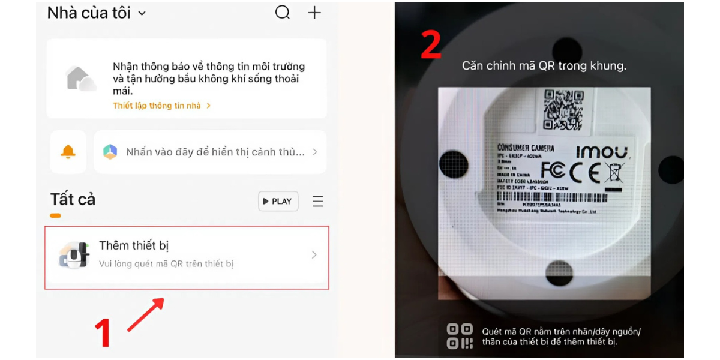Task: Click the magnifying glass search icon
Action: (283, 13)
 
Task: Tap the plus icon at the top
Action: (314, 13)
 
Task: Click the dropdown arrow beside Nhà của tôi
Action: (142, 13)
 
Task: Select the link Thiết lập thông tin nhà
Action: (161, 106)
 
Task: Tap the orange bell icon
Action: (68, 152)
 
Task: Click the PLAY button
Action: (278, 202)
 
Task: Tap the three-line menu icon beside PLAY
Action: (318, 202)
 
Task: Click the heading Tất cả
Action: (73, 199)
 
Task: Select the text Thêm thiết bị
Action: (134, 245)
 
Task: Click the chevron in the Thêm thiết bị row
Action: (314, 255)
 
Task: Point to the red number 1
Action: (103, 333)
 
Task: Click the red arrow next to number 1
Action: (146, 314)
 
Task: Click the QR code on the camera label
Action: (563, 109)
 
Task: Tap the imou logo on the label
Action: (602, 151)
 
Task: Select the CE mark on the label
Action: (584, 173)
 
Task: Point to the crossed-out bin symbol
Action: (615, 173)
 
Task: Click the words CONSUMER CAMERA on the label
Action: (526, 148)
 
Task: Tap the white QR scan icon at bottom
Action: (460, 337)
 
